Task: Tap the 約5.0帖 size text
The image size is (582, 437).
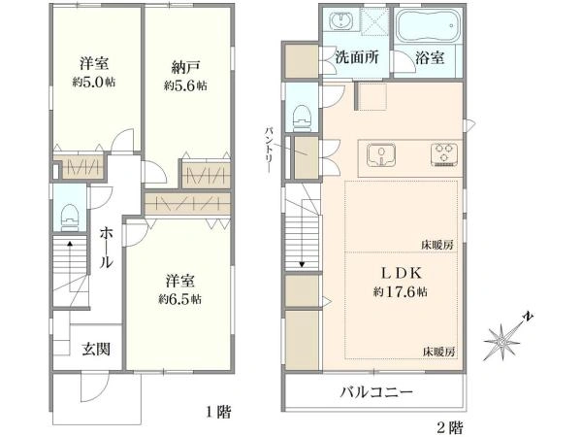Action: point(94,84)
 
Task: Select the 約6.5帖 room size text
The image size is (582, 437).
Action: point(181,299)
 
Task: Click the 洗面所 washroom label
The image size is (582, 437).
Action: point(357,57)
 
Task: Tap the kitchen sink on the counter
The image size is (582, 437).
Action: point(382,153)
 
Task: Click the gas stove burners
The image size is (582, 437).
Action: point(445,152)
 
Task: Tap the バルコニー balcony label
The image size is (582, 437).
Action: point(376,394)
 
